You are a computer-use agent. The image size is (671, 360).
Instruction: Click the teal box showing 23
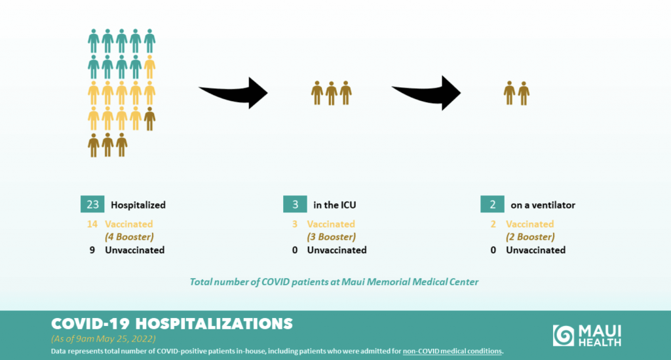tap(92, 205)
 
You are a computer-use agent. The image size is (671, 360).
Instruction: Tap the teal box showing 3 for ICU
tap(295, 205)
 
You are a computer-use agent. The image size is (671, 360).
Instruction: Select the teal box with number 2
tap(492, 205)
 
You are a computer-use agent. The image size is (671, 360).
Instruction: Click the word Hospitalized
tap(138, 205)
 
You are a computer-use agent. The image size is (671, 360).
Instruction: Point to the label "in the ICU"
tap(335, 205)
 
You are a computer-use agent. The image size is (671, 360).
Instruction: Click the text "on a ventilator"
tap(543, 205)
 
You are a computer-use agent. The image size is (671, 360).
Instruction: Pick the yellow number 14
tap(92, 224)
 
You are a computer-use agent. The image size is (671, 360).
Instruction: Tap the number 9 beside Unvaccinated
tap(92, 250)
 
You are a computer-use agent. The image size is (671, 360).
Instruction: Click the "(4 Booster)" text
tap(129, 237)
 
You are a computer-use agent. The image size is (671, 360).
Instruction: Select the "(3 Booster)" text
tap(331, 237)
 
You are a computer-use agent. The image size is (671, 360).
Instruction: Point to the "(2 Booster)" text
tap(530, 237)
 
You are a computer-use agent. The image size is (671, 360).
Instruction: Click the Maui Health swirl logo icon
tap(563, 335)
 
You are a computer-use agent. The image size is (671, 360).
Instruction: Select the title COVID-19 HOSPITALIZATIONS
tap(172, 324)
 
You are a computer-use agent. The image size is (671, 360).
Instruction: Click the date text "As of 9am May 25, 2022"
tap(103, 338)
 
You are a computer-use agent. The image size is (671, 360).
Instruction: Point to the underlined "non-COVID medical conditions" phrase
tap(452, 351)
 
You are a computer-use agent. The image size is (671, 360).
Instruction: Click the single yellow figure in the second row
tap(149, 67)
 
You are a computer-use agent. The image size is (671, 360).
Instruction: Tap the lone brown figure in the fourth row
tap(149, 119)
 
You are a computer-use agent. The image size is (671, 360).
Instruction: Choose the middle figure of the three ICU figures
tap(331, 93)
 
